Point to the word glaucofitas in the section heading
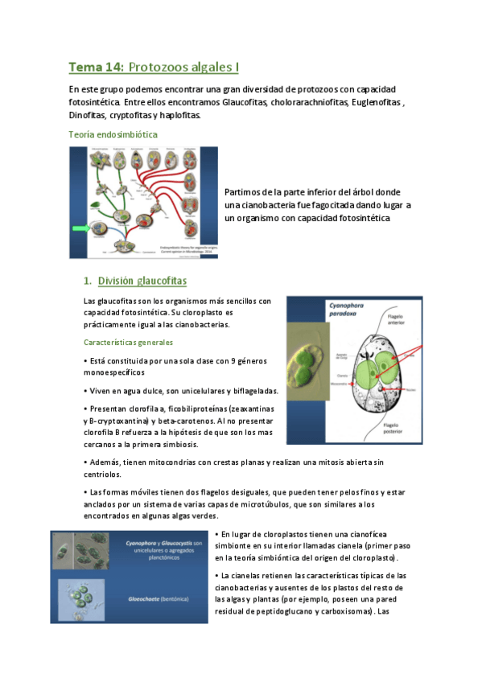click(160, 281)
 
